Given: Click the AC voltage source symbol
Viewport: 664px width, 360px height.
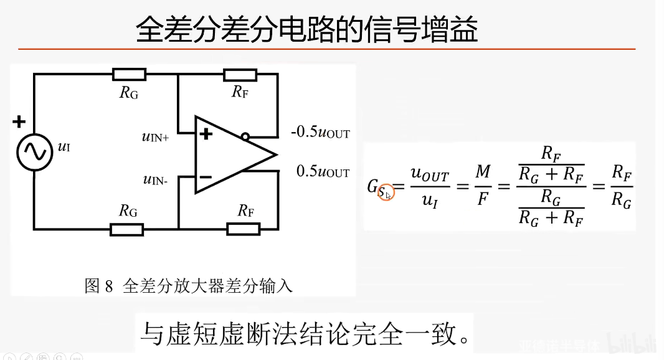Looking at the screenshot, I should pyautogui.click(x=34, y=151).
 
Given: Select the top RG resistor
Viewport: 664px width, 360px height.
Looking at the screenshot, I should pyautogui.click(x=129, y=75).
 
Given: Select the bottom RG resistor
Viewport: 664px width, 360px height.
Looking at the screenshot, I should pyautogui.click(x=127, y=229).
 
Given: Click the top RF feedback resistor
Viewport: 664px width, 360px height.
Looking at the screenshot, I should pyautogui.click(x=239, y=75).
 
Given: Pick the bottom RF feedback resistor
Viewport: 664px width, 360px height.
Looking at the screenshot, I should pyautogui.click(x=244, y=229).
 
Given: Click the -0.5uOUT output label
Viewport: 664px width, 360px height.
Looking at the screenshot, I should pyautogui.click(x=320, y=133).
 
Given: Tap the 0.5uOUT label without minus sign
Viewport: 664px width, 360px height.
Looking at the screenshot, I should pyautogui.click(x=323, y=172).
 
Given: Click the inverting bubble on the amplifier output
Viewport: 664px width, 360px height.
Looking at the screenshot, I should pyautogui.click(x=245, y=136).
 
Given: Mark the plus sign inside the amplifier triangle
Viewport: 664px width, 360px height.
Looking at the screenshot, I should pyautogui.click(x=206, y=133).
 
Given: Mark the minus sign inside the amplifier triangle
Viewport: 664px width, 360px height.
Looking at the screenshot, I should pyautogui.click(x=206, y=178).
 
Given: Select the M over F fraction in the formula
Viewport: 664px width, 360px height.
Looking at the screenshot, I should pyautogui.click(x=483, y=186).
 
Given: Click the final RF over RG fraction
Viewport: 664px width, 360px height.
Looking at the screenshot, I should pyautogui.click(x=621, y=186).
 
